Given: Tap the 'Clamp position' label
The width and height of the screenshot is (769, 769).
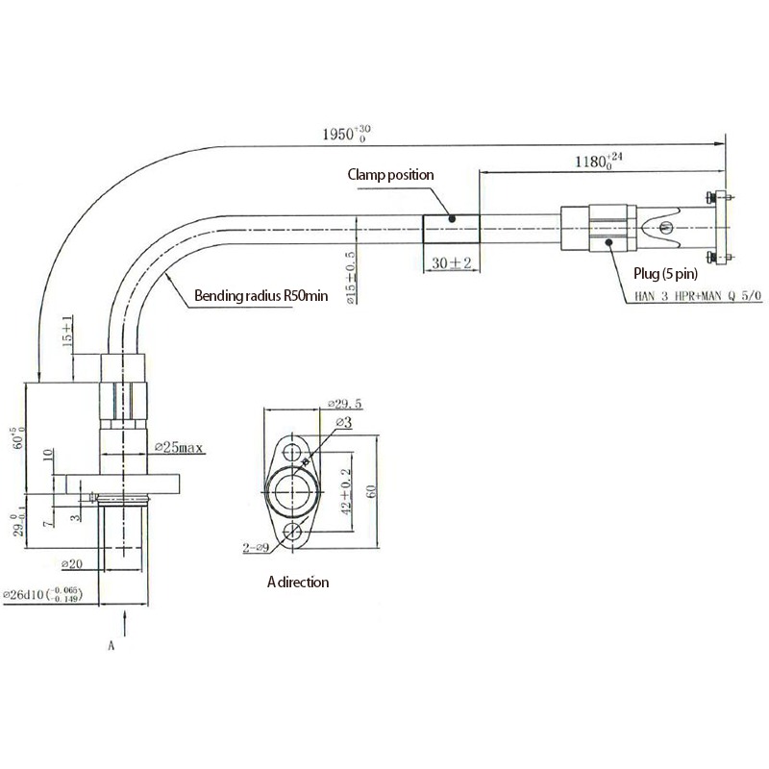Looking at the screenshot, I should coord(391,175).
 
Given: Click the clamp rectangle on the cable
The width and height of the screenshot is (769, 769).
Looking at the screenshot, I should coord(451,230).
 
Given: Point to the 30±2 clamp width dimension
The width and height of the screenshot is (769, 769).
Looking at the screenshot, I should coord(451,262).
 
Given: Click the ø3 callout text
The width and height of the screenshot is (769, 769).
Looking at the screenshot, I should coord(343,422).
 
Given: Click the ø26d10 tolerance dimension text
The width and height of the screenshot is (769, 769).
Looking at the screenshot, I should coord(52,596).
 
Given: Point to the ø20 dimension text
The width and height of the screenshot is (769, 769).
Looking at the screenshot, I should coord(74,562).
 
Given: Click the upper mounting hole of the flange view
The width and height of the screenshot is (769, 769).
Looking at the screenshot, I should coord(293,451).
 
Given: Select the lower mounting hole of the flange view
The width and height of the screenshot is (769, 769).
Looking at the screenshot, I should coord(293,532).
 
